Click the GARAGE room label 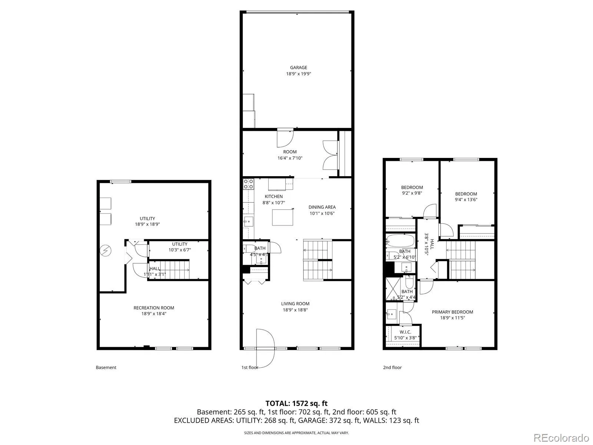[298, 67]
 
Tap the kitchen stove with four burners [248, 184]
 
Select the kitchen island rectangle [282, 218]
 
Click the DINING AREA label [322, 207]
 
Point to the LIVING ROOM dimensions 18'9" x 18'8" [295, 310]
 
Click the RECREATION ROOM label [154, 308]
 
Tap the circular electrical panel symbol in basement [105, 251]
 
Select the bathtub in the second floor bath [400, 240]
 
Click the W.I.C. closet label [405, 332]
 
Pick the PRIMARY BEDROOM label [452, 312]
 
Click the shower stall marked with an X [393, 289]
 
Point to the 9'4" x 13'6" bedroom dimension [466, 200]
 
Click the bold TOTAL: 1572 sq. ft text [296, 403]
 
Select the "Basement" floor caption [106, 367]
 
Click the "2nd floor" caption [392, 367]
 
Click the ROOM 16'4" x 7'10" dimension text [290, 158]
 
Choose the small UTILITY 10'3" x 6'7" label [180, 247]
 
